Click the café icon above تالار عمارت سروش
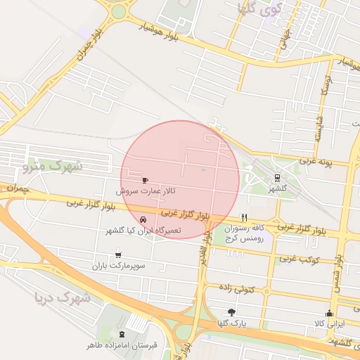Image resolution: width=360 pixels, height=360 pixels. (x=146, y=180)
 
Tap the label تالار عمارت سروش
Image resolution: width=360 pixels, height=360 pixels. (x=146, y=191)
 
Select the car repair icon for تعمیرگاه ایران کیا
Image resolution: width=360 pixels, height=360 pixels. (x=144, y=219)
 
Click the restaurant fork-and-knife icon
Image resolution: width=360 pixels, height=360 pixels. (x=245, y=217)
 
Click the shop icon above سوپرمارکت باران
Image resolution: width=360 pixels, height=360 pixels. (x=118, y=255)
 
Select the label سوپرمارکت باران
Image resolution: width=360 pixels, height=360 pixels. (x=118, y=266)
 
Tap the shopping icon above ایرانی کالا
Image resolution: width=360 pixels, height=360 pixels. (x=329, y=313)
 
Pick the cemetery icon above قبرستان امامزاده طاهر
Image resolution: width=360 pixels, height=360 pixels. (x=124, y=334)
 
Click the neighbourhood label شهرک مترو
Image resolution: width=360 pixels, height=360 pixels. (x=53, y=167)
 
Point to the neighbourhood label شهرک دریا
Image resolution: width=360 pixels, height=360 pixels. (x=63, y=298)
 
